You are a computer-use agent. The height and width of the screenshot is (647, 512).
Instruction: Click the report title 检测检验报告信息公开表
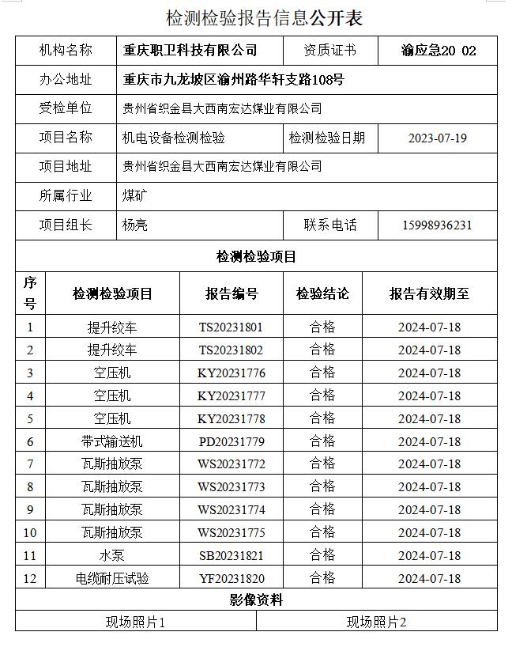tap(264, 18)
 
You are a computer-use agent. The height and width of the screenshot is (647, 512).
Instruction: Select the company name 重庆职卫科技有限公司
tap(190, 51)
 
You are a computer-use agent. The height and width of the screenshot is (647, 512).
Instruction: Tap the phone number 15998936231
tap(437, 225)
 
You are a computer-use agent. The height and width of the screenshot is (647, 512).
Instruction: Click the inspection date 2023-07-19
tap(437, 138)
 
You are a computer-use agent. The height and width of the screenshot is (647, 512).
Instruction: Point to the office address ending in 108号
tap(234, 80)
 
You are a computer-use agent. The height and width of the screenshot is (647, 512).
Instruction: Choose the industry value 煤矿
tap(134, 195)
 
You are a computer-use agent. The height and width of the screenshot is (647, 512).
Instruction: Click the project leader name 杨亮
tap(135, 225)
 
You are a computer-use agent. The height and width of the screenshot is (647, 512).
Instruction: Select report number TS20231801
tap(231, 327)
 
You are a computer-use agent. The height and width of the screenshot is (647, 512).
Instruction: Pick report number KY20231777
tap(231, 395)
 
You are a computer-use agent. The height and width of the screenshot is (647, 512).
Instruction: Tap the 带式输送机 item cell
tap(112, 441)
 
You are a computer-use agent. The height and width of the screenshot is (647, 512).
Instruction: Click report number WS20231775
tap(231, 532)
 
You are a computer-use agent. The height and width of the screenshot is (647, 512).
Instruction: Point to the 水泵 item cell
tap(112, 555)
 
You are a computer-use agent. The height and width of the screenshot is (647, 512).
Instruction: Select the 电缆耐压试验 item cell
tap(112, 578)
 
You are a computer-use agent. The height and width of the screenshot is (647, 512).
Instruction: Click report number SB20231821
tap(231, 555)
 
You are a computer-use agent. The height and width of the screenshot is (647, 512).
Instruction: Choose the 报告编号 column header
tap(232, 293)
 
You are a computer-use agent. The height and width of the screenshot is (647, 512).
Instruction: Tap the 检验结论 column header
tap(322, 293)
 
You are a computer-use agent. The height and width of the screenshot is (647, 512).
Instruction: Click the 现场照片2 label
tap(376, 622)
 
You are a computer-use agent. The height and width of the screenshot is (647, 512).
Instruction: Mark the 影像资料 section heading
tap(256, 600)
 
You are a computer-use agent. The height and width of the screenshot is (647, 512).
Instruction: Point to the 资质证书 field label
tap(329, 51)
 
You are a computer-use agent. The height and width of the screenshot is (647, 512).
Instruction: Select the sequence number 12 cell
tap(30, 578)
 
